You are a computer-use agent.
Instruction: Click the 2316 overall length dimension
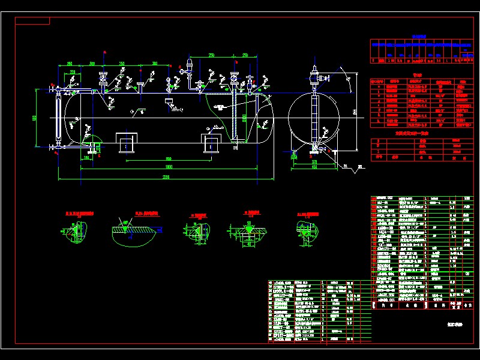(x=166, y=177)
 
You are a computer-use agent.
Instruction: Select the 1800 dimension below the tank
(x=169, y=166)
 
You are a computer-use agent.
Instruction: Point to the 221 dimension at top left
(x=73, y=72)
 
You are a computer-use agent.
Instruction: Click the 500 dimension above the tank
(x=92, y=63)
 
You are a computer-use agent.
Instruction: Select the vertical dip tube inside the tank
(x=233, y=117)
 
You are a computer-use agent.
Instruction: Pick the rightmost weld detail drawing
(x=305, y=231)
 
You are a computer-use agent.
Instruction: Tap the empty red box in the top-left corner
(x=33, y=20)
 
